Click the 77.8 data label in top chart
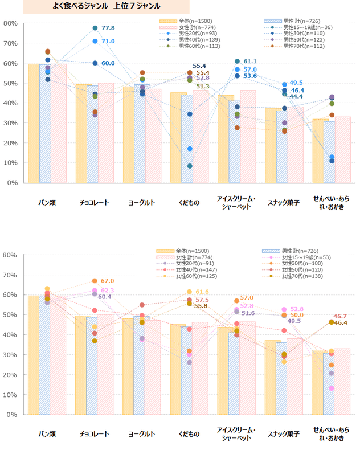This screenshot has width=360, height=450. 108,28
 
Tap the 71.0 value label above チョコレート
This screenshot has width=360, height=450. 108,42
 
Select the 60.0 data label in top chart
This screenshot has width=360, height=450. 108,63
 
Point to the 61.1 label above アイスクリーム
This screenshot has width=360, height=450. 250,61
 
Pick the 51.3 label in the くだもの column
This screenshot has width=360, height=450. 203,87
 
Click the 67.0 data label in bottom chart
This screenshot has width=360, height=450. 107,281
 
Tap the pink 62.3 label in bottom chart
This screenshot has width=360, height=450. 107,291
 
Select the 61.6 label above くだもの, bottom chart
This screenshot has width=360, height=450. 202,292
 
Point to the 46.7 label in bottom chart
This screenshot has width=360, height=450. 340,316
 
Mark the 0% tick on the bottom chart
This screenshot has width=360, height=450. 13,415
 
